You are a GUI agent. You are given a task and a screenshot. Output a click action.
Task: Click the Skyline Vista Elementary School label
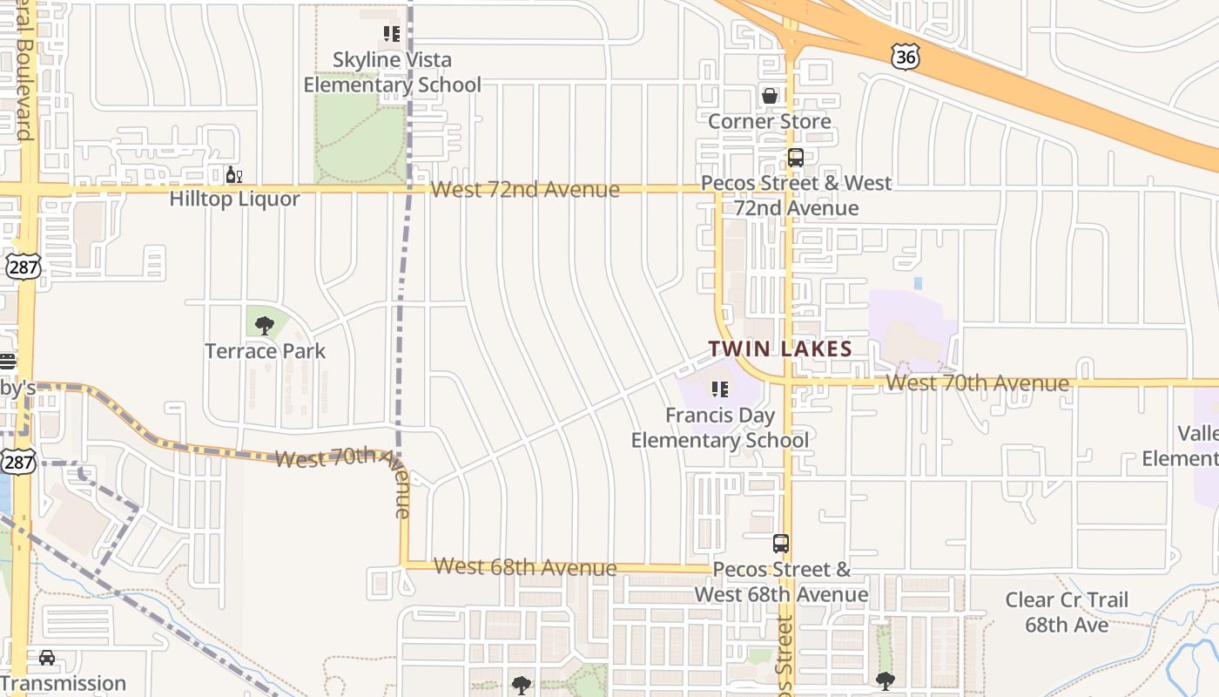[x=392, y=72]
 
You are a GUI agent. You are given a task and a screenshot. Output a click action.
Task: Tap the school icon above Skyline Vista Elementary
[x=392, y=34]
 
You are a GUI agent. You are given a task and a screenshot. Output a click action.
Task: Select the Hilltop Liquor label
[x=234, y=199]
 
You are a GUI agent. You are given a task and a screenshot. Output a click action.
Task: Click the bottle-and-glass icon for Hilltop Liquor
[x=233, y=175]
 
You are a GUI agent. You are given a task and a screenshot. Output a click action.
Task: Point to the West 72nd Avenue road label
[x=525, y=189]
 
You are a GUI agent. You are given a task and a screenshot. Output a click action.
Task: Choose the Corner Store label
[x=769, y=121]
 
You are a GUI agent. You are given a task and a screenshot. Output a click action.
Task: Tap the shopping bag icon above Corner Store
[x=770, y=96]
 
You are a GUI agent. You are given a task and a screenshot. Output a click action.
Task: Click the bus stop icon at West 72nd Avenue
[x=795, y=158]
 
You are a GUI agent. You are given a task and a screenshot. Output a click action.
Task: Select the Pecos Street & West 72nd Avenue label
[x=796, y=195]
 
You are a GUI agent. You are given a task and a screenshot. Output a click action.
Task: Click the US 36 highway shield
[x=906, y=58]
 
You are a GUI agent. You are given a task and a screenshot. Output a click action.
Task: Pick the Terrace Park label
[x=265, y=351]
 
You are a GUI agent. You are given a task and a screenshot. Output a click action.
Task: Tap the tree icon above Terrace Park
[x=265, y=326]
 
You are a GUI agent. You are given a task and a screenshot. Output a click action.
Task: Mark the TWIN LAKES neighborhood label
[x=780, y=349]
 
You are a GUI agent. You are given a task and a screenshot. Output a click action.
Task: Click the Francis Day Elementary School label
[x=720, y=428]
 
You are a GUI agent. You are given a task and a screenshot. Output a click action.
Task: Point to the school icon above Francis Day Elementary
[x=720, y=389]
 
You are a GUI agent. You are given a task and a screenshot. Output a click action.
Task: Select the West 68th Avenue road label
[x=525, y=567]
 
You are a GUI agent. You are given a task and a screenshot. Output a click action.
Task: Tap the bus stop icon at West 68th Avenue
[x=781, y=544]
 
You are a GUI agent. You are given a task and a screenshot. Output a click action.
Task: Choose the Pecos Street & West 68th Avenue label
[x=781, y=582]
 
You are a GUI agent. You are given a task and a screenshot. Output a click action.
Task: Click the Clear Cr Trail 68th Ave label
[x=1067, y=612]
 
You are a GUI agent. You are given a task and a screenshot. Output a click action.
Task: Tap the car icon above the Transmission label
[x=47, y=658]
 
